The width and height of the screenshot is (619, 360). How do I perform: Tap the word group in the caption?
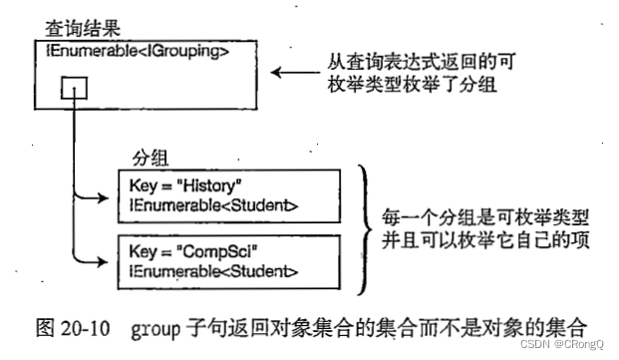tap(153, 325)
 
